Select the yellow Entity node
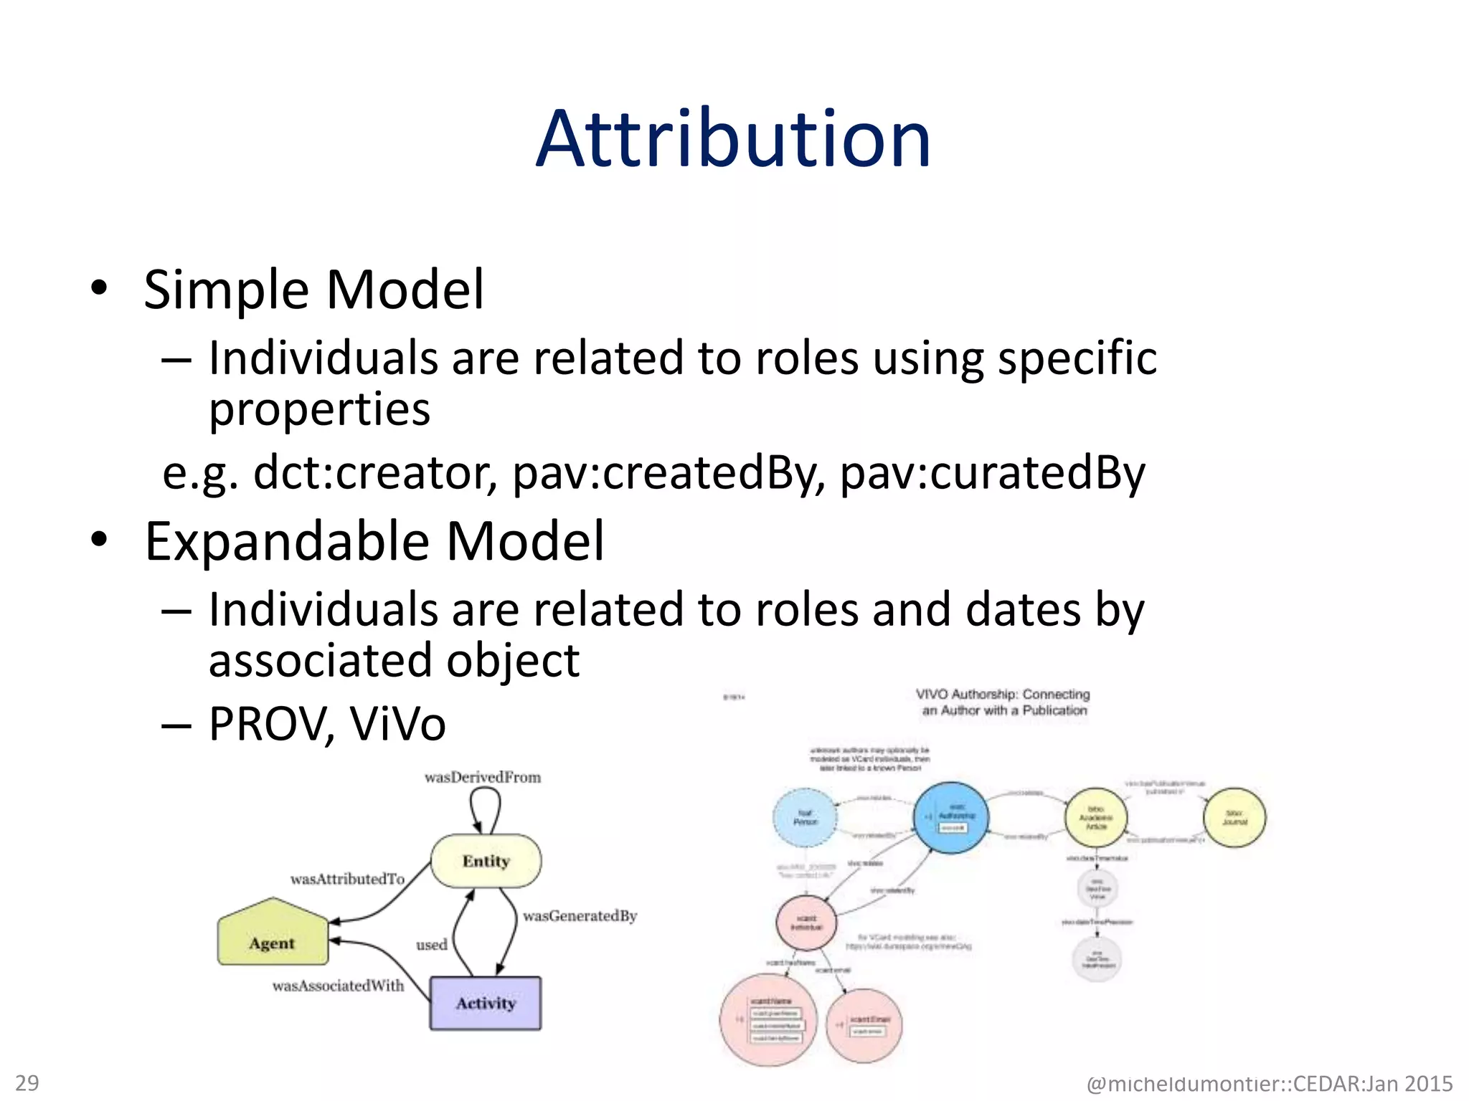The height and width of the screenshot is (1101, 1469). [486, 861]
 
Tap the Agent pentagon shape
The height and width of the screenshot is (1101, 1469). [273, 935]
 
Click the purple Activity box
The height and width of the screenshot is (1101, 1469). [486, 1003]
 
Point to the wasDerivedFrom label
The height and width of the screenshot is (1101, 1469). [483, 777]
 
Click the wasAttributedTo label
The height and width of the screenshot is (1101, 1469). [347, 879]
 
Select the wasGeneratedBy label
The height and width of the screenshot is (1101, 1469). [580, 915]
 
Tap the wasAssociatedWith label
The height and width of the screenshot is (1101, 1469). [338, 986]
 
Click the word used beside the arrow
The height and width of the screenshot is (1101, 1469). [431, 945]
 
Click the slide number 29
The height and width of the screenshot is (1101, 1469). [27, 1082]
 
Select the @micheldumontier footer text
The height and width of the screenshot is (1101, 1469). [1269, 1083]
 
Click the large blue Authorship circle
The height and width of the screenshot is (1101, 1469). [951, 817]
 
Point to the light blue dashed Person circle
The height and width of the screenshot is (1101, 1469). [805, 818]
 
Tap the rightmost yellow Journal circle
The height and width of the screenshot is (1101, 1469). [1234, 818]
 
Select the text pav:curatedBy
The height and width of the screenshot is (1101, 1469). [992, 473]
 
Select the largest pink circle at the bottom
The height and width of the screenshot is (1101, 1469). [767, 1019]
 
